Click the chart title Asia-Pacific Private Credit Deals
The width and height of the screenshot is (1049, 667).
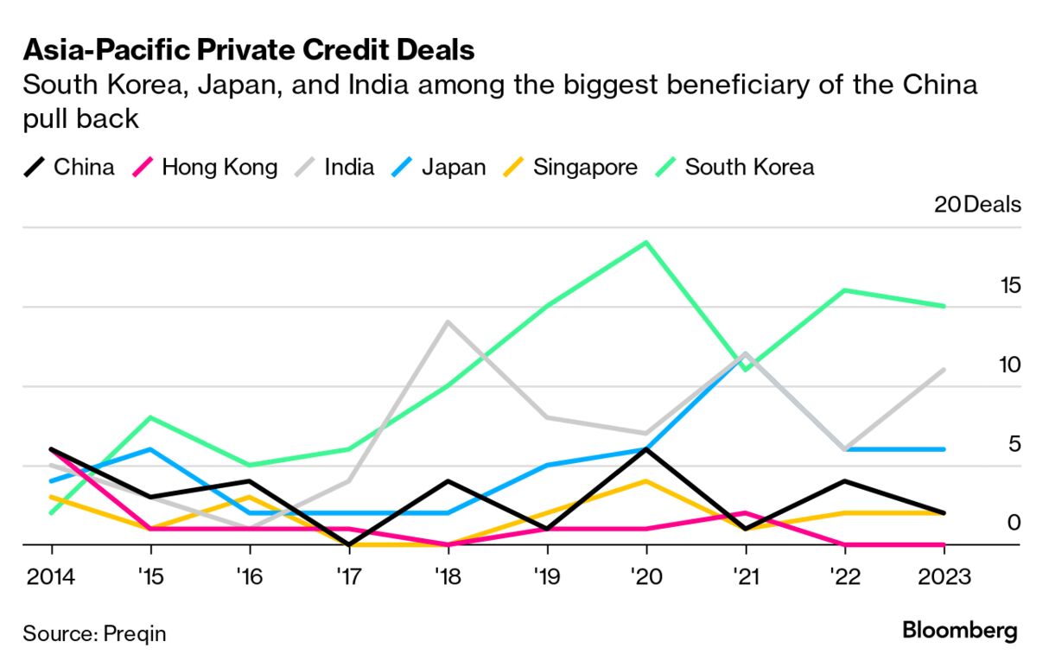(x=249, y=50)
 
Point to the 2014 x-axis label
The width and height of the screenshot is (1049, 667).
(x=51, y=576)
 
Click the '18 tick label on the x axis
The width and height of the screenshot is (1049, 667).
(x=448, y=576)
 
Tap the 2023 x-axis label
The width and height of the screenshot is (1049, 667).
(x=944, y=576)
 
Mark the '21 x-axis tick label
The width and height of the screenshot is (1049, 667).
(x=745, y=576)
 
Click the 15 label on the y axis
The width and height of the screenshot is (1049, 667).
(x=1009, y=285)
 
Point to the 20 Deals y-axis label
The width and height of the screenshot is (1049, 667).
(x=977, y=205)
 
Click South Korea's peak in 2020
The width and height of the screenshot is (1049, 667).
(x=646, y=242)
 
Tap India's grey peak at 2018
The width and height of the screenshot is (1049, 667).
(x=448, y=322)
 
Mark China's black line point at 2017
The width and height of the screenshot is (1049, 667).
(x=349, y=544)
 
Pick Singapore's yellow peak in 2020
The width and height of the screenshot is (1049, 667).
(x=646, y=480)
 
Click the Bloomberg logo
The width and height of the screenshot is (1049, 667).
(x=960, y=631)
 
